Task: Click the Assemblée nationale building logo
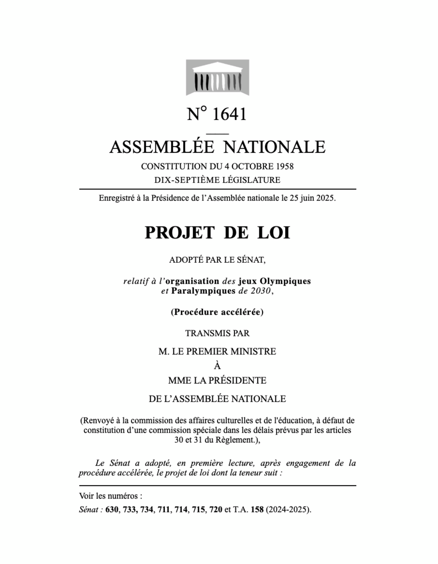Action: click(218, 77)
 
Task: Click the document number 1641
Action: click(229, 114)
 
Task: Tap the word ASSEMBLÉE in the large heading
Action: click(161, 147)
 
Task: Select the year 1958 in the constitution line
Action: click(285, 167)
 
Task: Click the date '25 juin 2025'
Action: click(312, 199)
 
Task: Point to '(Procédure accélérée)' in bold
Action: click(217, 312)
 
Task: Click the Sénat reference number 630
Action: click(112, 510)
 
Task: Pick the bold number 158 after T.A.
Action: click(257, 510)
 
